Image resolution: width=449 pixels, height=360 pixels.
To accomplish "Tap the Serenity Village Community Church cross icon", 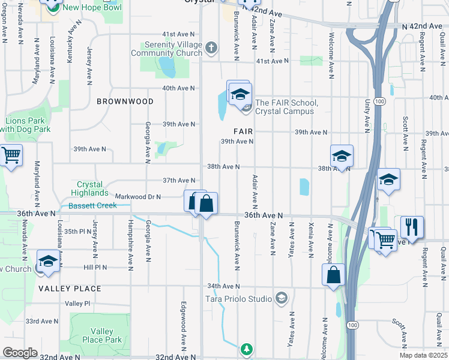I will [x=210, y=47].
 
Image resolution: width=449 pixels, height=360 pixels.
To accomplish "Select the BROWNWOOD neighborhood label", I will [x=125, y=101].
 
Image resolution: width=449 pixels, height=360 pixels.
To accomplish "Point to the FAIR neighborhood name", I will [x=243, y=131].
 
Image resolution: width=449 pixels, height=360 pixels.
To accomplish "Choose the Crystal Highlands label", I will [x=89, y=189].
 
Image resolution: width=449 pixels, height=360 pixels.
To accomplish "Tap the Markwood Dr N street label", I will [x=138, y=196].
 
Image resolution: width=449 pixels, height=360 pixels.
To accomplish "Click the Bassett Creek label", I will [x=91, y=206].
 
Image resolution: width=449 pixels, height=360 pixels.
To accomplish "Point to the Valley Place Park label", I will [x=106, y=335].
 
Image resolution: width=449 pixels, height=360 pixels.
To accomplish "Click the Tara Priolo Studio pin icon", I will [x=282, y=298].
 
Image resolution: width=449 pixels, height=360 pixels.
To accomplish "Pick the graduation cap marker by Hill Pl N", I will [x=47, y=262].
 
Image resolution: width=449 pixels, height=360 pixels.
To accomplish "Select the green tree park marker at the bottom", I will [x=246, y=349].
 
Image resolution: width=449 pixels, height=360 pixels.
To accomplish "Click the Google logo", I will [x=20, y=352].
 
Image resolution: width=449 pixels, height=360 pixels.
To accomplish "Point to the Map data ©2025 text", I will [x=424, y=355].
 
